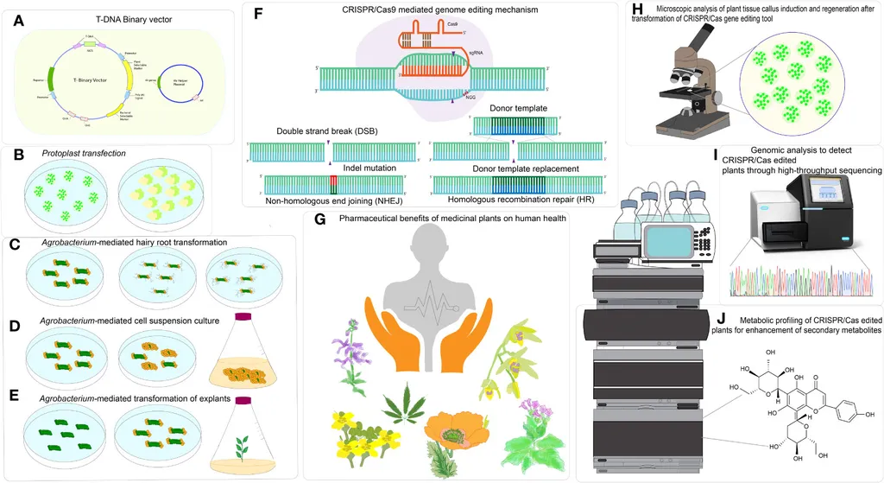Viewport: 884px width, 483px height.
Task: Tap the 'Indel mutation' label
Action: pyautogui.click(x=370, y=167)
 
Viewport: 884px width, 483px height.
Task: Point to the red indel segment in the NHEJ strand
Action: pyautogui.click(x=331, y=184)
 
